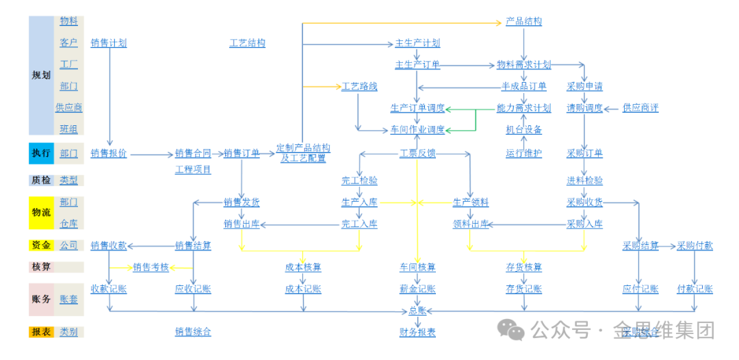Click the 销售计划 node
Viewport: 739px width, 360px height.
point(109,43)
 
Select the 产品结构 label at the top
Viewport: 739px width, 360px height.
point(523,22)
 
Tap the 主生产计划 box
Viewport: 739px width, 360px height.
point(417,43)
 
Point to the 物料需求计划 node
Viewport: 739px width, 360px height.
point(523,65)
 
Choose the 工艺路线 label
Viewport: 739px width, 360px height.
point(359,87)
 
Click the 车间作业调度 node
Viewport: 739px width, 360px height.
point(417,129)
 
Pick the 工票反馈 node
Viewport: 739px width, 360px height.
point(417,153)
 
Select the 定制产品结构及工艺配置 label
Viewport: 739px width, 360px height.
point(303,153)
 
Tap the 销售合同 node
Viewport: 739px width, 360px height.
point(193,153)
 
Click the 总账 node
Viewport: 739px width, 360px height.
point(417,311)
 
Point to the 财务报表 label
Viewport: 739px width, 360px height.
point(417,333)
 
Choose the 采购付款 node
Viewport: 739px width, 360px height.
point(695,246)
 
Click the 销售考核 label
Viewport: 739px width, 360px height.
point(151,267)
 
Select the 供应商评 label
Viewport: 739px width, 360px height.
point(640,108)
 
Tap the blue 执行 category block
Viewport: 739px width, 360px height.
point(41,153)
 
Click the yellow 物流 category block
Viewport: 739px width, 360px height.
point(41,213)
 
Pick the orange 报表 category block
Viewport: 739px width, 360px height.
point(41,332)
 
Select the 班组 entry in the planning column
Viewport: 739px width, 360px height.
point(68,129)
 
